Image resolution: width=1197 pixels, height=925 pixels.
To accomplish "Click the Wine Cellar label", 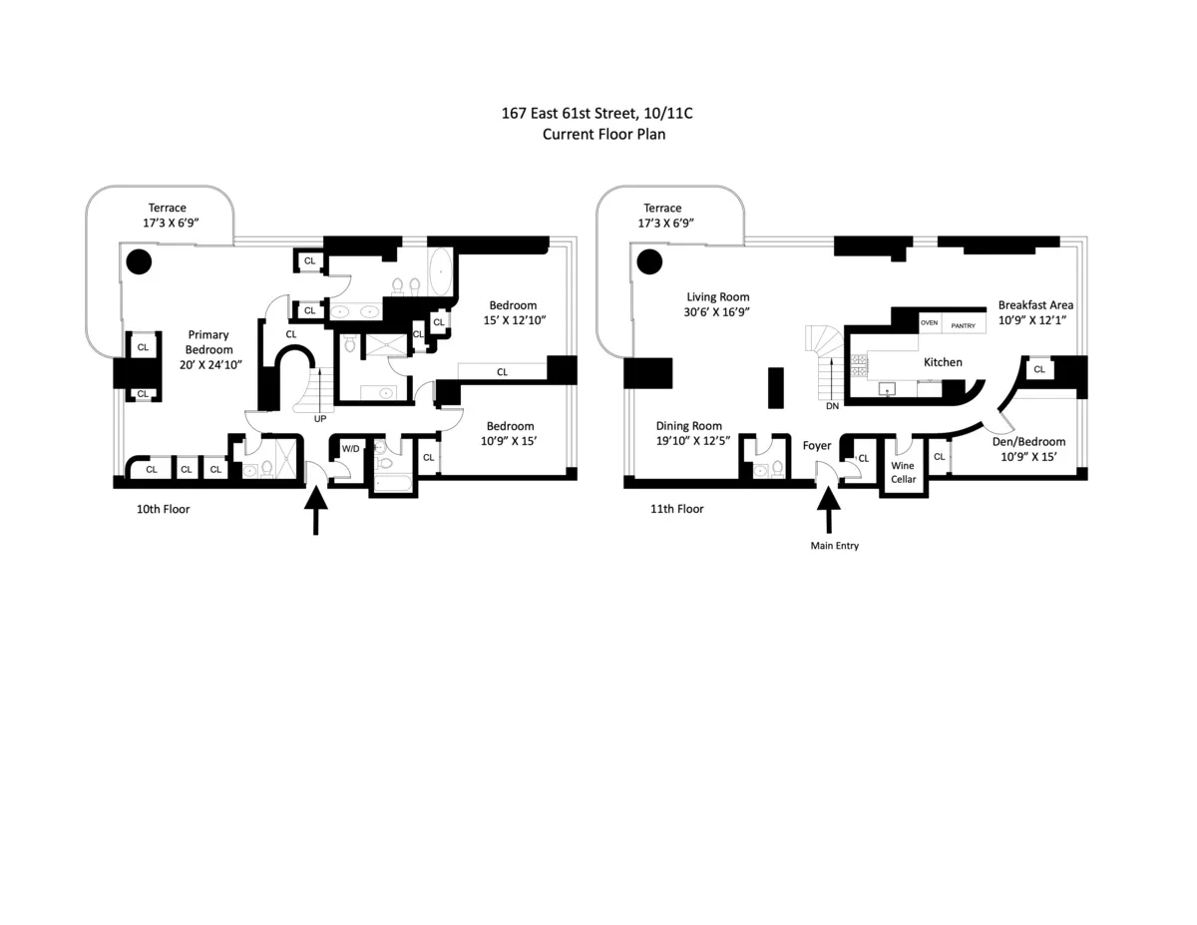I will tap(902, 472).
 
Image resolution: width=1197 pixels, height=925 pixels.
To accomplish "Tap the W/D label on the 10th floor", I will tap(350, 449).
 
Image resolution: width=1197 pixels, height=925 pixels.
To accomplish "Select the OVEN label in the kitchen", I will tap(929, 323).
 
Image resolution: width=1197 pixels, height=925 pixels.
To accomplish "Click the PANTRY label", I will tap(963, 325).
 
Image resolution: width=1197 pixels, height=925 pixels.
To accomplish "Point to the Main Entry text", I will tap(834, 546).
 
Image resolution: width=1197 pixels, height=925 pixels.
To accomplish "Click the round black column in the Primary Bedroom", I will tap(138, 262).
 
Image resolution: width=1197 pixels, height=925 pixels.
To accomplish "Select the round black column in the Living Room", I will tap(650, 262).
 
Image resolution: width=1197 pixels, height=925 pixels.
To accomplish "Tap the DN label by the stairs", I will tap(831, 407).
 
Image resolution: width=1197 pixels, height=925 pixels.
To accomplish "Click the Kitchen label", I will tap(943, 362).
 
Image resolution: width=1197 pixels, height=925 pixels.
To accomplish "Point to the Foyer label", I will tap(817, 446).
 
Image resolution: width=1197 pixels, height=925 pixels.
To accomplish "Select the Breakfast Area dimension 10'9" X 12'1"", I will tap(1035, 320).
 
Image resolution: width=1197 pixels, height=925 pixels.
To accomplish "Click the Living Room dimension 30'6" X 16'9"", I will tap(717, 312).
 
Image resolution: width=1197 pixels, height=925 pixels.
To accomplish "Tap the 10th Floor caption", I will tap(163, 509).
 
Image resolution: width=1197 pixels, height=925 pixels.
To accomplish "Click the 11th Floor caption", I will tap(676, 509).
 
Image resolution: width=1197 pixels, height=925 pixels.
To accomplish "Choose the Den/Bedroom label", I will tap(1028, 442).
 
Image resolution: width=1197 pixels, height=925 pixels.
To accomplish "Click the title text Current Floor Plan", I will tap(603, 134).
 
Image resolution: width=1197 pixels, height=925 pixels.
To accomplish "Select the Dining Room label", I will tap(688, 425).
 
